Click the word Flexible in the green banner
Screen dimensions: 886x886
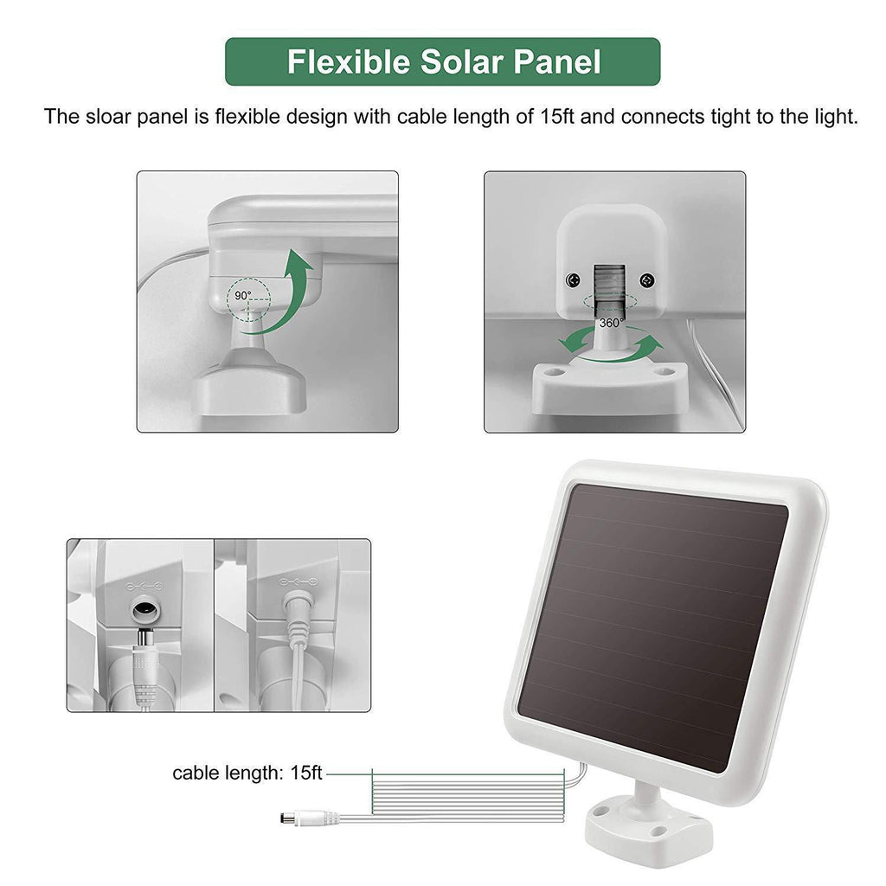click(349, 61)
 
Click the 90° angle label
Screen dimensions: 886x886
click(243, 296)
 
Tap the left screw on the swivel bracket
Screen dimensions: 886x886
click(573, 279)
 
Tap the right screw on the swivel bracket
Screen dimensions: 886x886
click(647, 279)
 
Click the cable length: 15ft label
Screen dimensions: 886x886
click(247, 773)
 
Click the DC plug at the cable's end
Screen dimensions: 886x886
click(309, 818)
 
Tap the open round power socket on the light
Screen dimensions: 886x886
click(145, 610)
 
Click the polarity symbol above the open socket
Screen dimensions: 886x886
click(144, 587)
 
